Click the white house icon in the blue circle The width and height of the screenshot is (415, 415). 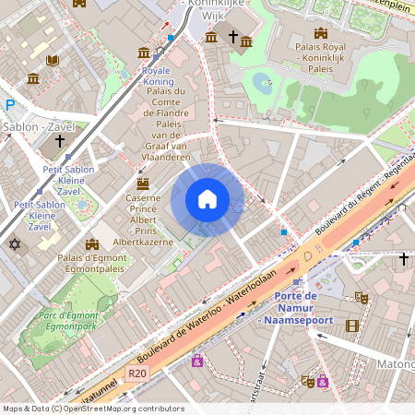click(x=207, y=199)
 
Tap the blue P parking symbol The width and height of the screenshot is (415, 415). click(x=10, y=106)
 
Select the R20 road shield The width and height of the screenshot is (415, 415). click(x=138, y=373)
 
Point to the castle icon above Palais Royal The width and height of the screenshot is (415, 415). click(x=319, y=33)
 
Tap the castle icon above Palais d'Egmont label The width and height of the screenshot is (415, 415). click(x=91, y=244)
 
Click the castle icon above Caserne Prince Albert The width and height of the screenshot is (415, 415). click(x=143, y=183)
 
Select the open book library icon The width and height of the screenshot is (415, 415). click(x=53, y=61)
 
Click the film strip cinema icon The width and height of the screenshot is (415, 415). click(x=351, y=326)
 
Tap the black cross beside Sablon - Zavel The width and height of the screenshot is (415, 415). click(x=60, y=141)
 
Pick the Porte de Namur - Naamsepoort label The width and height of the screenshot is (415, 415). click(x=296, y=307)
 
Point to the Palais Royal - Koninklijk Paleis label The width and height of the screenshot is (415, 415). click(x=319, y=55)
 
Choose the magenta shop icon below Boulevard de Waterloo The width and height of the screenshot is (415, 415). click(x=196, y=362)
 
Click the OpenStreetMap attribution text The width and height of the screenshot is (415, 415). click(x=92, y=409)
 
